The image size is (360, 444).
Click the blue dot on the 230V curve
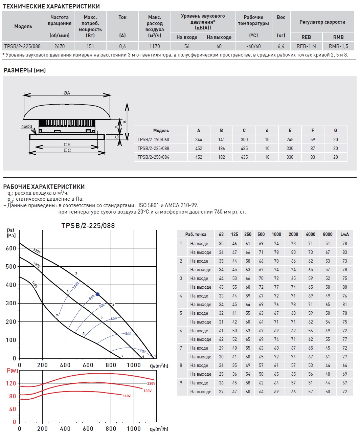pos(98,294)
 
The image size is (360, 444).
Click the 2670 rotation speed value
pos(59,46)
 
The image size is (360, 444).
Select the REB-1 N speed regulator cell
pos(306,46)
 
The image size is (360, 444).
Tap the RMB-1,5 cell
pos(338,46)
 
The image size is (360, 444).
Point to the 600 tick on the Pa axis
pos(11,248)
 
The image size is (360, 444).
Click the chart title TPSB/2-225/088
pos(88,226)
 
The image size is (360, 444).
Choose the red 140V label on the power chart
pos(127,396)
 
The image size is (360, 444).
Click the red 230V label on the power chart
pos(151,383)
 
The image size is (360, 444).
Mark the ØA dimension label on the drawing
pos(67,93)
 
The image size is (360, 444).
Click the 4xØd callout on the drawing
pos(26,127)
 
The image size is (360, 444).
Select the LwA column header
pos(344,234)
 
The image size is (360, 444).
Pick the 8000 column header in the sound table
pos(328,234)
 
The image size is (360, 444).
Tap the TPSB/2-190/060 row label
pos(153,139)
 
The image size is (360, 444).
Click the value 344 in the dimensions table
pos(199,139)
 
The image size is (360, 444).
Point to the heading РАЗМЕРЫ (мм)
pos(25,70)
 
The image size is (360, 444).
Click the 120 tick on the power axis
pos(11,383)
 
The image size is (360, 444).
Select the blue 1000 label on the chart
pos(75,285)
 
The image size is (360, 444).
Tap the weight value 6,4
pos(281,46)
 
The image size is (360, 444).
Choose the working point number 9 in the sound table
pos(181,383)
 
